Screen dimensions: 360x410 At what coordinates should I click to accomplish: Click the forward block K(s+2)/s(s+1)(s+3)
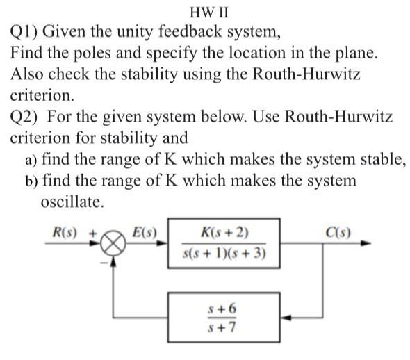[x=224, y=244]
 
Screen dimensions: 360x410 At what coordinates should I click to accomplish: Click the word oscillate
[x=73, y=203]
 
